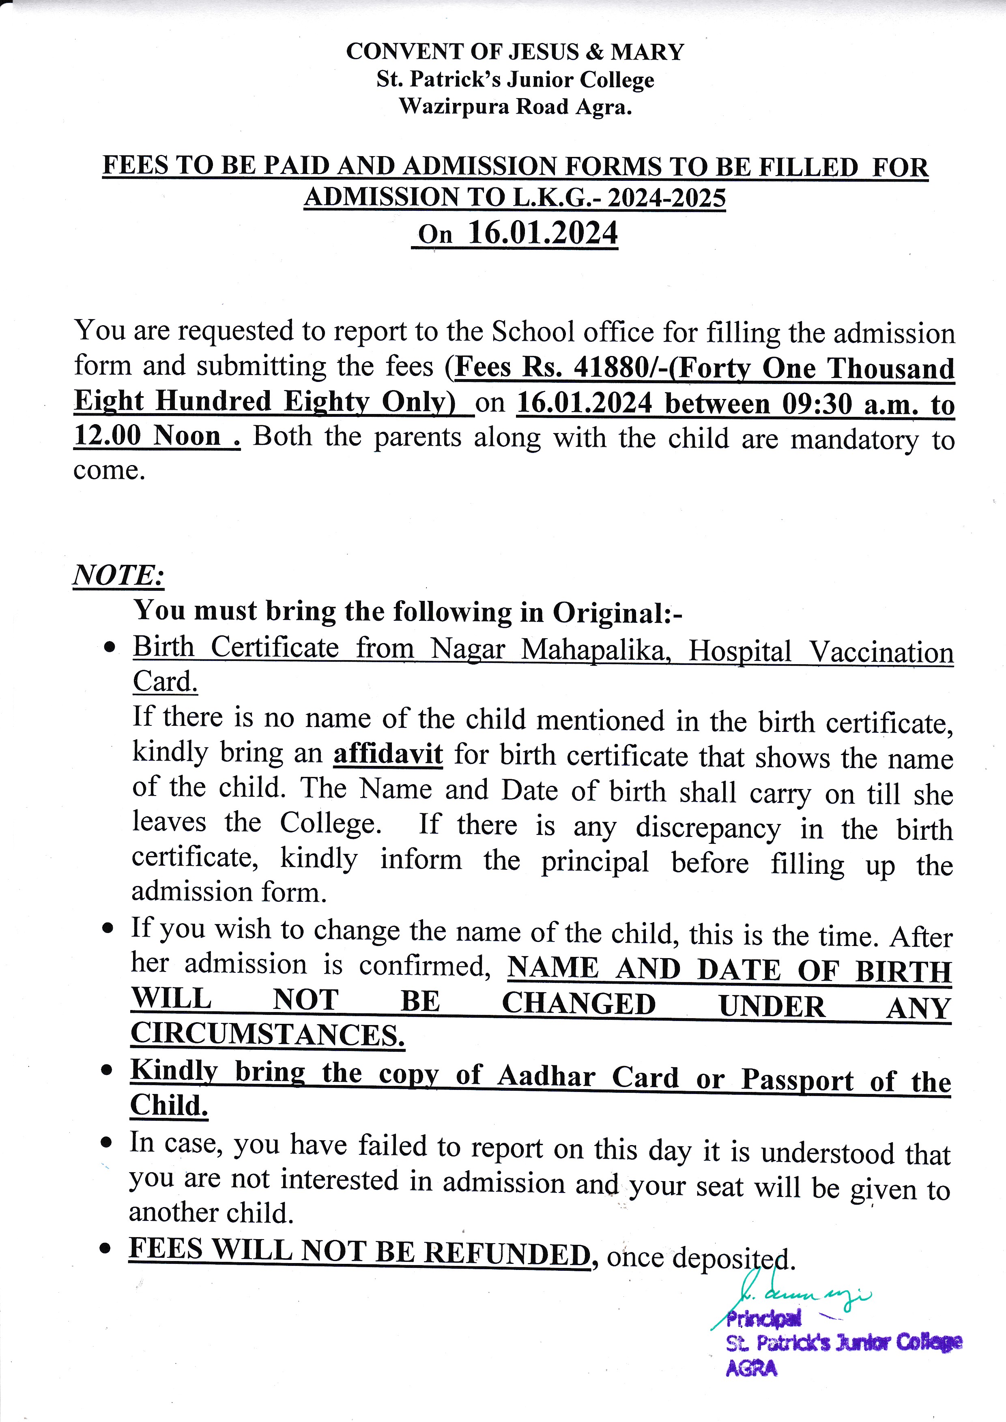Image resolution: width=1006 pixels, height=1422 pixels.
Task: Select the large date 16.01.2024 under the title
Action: pos(543,234)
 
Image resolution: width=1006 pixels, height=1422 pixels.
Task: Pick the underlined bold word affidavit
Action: pos(388,754)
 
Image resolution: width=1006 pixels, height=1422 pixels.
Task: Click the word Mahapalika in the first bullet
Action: pos(596,650)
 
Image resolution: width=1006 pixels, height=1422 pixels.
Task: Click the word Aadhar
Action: pos(546,1077)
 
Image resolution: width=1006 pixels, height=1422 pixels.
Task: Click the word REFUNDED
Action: pos(507,1254)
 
